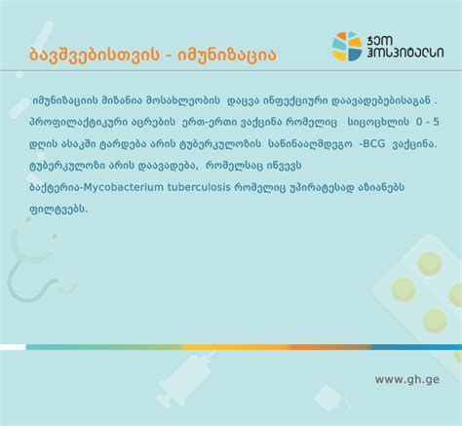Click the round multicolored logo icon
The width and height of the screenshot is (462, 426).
pyautogui.click(x=347, y=46)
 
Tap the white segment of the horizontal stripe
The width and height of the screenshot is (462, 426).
pyautogui.click(x=13, y=347)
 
